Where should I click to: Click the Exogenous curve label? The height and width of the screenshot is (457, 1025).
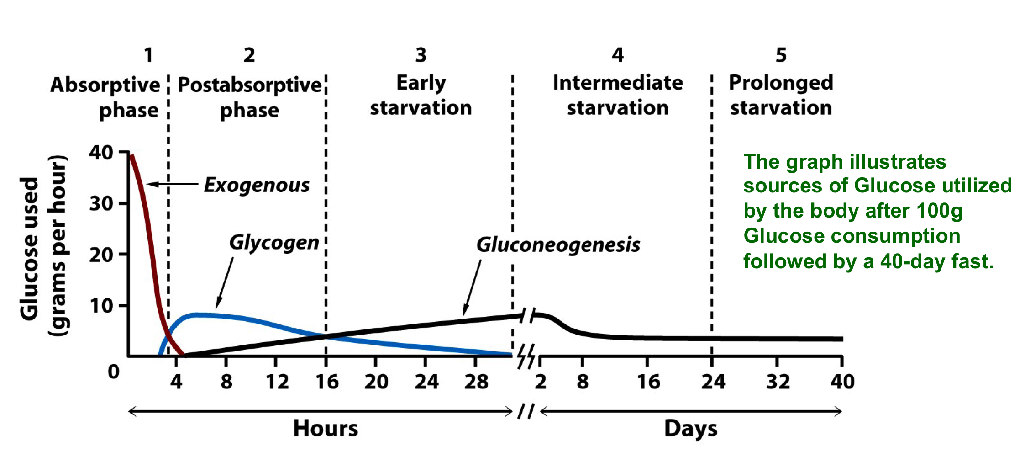tap(257, 185)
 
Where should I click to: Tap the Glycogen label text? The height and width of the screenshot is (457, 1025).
tap(274, 243)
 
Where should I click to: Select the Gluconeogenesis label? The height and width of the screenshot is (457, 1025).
tap(558, 245)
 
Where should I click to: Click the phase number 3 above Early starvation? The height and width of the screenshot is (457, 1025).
tap(421, 55)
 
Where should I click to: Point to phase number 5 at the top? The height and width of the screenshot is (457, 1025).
tap(781, 55)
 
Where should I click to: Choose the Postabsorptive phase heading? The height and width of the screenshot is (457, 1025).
tap(249, 97)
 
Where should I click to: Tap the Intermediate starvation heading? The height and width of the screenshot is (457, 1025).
tap(618, 95)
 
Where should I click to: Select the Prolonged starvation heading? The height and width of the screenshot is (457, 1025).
tap(781, 95)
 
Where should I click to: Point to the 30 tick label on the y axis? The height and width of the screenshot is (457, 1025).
tap(101, 203)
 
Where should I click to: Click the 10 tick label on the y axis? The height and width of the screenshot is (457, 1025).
tap(101, 306)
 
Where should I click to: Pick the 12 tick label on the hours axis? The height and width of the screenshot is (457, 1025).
tap(277, 382)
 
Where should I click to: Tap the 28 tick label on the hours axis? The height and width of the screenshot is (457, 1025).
tap(476, 382)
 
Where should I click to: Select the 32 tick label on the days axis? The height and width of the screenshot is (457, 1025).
tap(778, 382)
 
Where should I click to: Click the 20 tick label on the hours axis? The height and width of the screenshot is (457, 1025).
tap(376, 382)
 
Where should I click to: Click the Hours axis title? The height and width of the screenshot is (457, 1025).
tap(326, 429)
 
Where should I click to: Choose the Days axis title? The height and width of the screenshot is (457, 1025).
tap(690, 429)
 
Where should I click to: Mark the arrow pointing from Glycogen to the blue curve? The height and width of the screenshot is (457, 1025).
tap(224, 283)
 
